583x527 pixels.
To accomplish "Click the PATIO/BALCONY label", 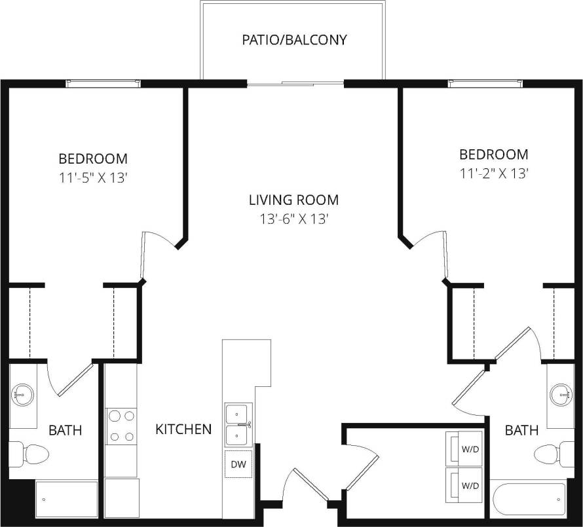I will (294, 40).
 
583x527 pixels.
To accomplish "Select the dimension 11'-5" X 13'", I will (93, 177).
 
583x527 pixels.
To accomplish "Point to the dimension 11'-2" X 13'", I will (493, 173).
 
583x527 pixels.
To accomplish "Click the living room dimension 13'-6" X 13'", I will (293, 219).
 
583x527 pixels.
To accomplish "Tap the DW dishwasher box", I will (238, 465).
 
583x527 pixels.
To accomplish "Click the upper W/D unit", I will (465, 448).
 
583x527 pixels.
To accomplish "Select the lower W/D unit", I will (465, 485).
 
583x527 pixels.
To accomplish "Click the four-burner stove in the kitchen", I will (121, 426).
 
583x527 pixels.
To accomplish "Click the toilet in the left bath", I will (24, 453).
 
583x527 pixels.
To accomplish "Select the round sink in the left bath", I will (23, 394).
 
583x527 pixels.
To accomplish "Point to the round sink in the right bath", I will (561, 394).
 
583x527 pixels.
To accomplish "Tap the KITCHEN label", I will (183, 429).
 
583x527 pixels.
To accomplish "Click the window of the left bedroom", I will (103, 83).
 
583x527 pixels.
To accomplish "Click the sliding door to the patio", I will (295, 84).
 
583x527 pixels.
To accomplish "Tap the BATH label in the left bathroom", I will (66, 430).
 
